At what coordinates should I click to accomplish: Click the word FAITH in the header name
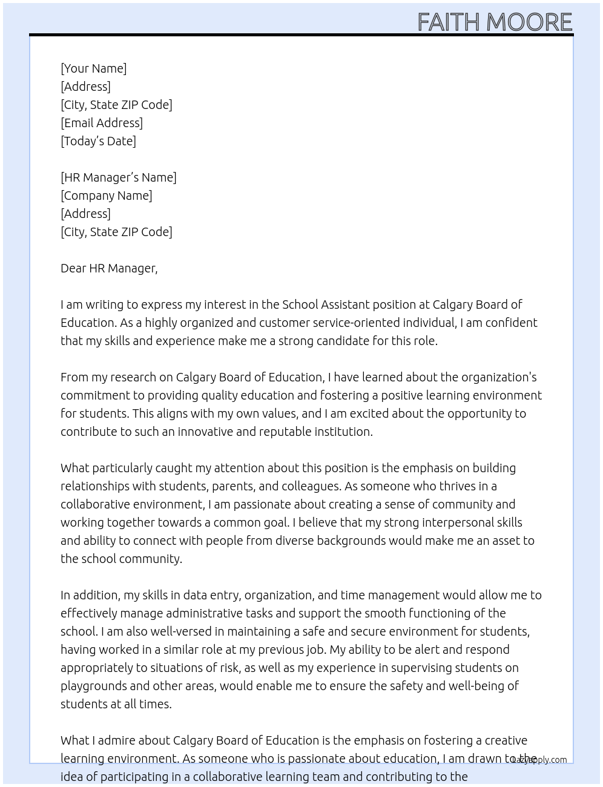[x=449, y=22]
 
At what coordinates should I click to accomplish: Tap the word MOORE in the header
[x=529, y=22]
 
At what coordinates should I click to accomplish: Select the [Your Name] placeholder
[x=93, y=68]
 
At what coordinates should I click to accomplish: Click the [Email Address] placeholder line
[x=102, y=123]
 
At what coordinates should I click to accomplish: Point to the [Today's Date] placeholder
[x=98, y=141]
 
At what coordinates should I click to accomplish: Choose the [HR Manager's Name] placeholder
[x=119, y=177]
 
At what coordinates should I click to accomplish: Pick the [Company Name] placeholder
[x=107, y=196]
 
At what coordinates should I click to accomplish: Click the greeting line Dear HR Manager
[x=109, y=268]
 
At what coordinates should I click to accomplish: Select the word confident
[x=510, y=323]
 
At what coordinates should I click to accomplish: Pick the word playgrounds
[x=93, y=686]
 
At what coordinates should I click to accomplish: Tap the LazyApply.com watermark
[x=539, y=760]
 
